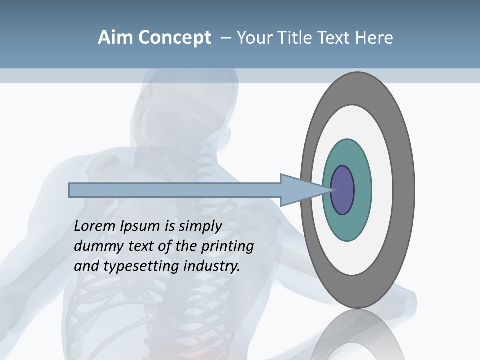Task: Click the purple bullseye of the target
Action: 342,190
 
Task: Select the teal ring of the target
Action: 347,225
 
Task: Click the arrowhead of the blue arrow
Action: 300,190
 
